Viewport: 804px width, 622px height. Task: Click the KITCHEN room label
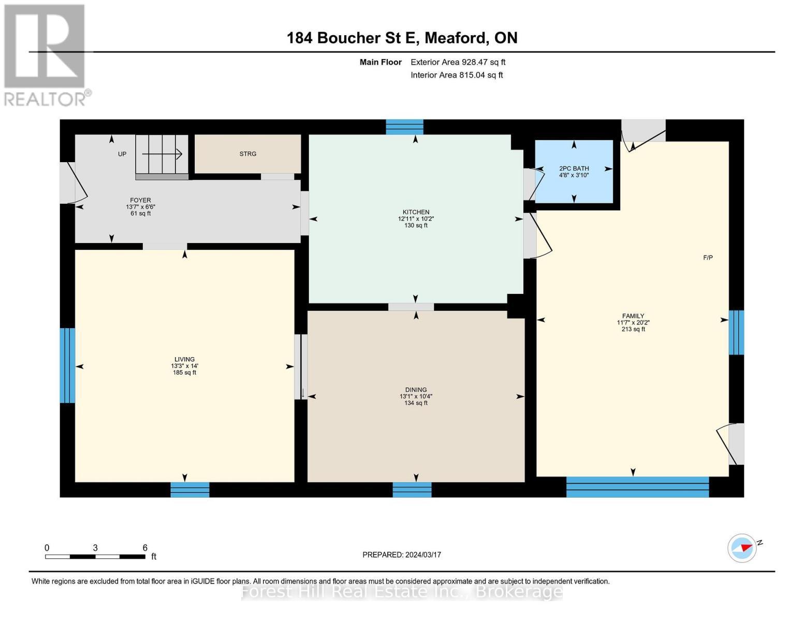pos(416,212)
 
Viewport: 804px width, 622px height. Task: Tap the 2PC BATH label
pos(574,168)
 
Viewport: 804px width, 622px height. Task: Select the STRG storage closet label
pos(247,154)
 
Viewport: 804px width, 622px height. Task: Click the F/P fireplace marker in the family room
pos(708,258)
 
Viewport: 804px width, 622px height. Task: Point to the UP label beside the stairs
pos(122,154)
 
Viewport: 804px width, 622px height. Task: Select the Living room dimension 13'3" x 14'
pos(184,366)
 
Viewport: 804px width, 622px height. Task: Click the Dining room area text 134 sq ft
pos(416,403)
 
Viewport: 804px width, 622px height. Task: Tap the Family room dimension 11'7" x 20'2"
pos(633,322)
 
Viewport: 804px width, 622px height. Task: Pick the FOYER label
pos(140,200)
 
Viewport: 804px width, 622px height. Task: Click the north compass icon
pos(742,548)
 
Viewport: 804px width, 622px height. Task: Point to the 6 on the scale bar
pos(145,548)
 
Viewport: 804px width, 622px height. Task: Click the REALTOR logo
pos(46,54)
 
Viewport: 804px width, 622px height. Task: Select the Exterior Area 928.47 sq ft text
pos(458,62)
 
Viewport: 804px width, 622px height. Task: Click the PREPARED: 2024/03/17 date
pos(402,555)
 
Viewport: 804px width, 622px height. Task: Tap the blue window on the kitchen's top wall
pos(404,127)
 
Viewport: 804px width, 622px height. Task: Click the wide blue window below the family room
pos(637,487)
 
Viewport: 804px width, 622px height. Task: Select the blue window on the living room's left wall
pos(67,365)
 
